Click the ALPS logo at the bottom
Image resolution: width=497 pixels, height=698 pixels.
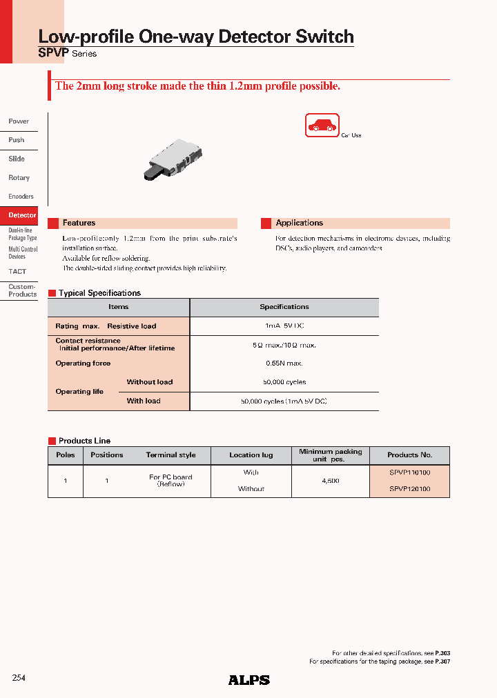tap(248, 680)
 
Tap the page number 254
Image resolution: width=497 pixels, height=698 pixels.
tap(19, 678)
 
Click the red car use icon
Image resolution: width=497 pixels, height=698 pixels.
tap(322, 126)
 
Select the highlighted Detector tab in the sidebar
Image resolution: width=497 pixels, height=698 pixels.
tap(22, 215)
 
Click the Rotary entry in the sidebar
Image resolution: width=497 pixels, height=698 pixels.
tap(19, 178)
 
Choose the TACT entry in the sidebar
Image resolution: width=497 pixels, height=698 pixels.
tap(17, 272)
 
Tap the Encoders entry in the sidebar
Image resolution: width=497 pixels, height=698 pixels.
tap(21, 197)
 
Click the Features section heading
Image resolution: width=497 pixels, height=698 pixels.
tap(79, 223)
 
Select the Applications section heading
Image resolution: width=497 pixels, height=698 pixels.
tap(299, 223)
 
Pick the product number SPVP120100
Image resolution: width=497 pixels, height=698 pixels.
tap(409, 489)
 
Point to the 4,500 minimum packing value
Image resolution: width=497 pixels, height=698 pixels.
tap(330, 481)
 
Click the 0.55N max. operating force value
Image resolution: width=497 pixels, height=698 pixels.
tap(284, 363)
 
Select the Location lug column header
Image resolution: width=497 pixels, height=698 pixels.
tap(251, 455)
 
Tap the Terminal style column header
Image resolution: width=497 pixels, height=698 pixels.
tap(170, 455)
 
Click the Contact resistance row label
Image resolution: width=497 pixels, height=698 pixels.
tap(88, 341)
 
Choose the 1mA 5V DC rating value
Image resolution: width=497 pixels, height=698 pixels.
tap(284, 326)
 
